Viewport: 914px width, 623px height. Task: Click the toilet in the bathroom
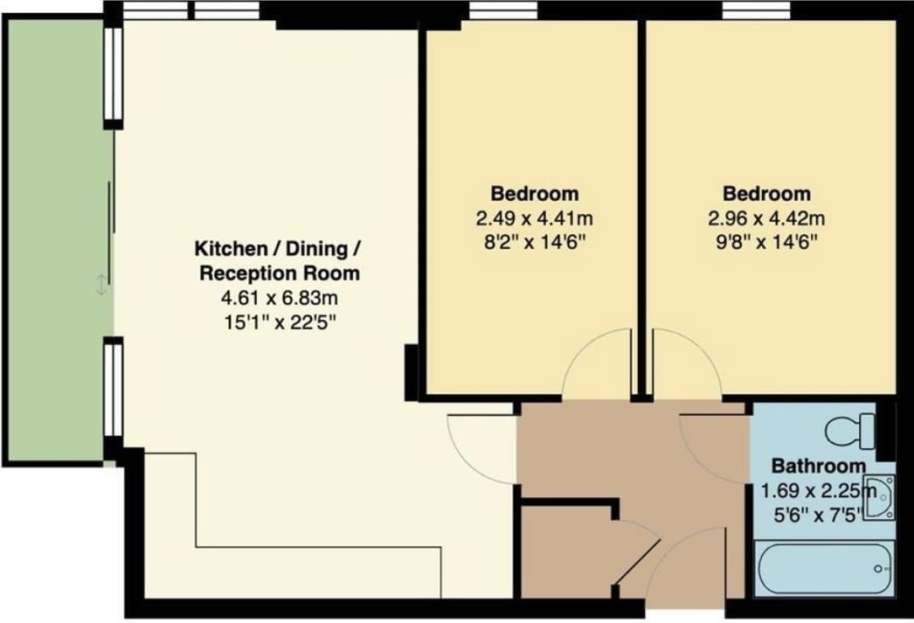(x=851, y=432)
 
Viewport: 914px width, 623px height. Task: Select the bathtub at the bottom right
(x=824, y=568)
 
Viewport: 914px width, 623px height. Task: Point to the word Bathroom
(x=819, y=467)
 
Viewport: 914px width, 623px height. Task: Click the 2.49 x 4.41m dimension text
(x=535, y=218)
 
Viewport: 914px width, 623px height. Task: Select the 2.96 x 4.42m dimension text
(x=766, y=218)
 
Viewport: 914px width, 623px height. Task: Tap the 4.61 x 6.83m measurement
(x=280, y=298)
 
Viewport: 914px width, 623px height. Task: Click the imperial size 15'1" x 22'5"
(x=280, y=322)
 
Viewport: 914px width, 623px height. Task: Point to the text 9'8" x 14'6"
(x=766, y=241)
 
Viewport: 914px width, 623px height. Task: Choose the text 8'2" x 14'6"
(x=535, y=241)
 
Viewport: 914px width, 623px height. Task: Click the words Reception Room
(x=280, y=273)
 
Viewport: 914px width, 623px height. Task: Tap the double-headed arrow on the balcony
(x=100, y=285)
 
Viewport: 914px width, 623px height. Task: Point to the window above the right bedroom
(x=756, y=10)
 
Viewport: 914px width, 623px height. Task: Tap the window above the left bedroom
(x=503, y=10)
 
